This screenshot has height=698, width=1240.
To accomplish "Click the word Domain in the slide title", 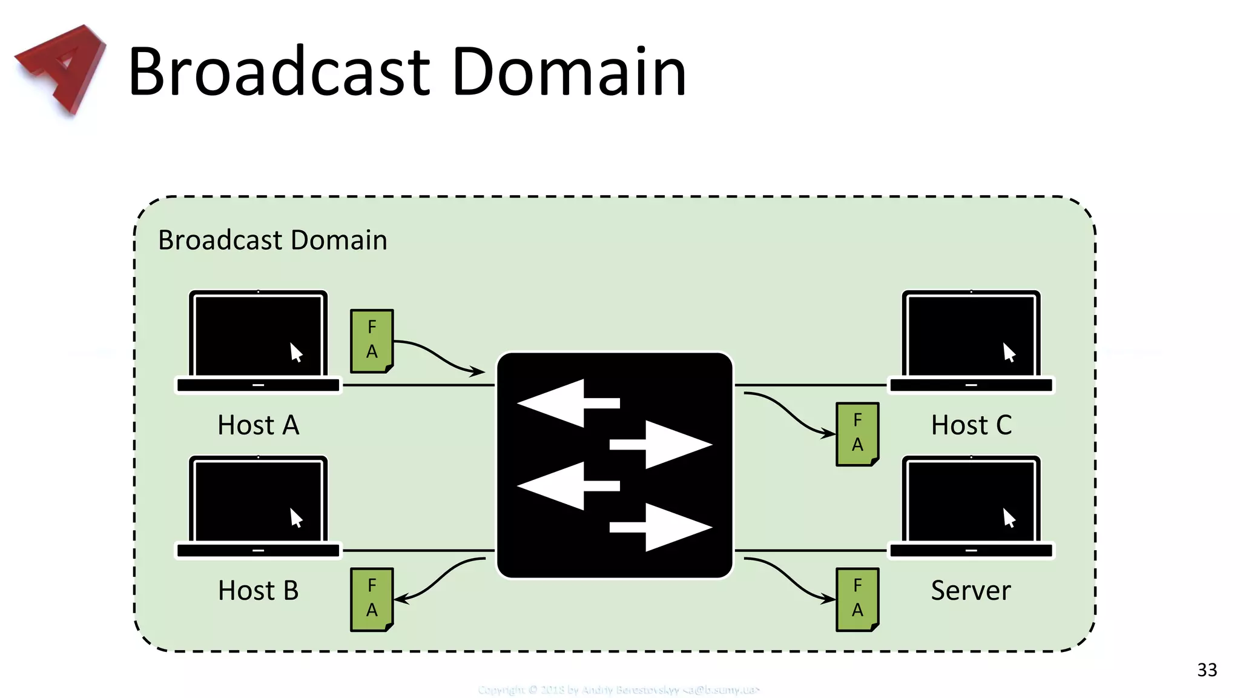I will coord(569,72).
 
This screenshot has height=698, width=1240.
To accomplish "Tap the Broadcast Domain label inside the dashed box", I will coord(272,240).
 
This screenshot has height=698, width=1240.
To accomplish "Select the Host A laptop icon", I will coord(259,342).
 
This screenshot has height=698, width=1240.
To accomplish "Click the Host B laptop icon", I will coord(259,507).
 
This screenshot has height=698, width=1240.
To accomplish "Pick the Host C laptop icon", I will coord(971,342).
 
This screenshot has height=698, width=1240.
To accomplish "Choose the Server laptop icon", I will coord(971,507).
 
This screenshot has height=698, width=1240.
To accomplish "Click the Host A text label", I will coord(259,425).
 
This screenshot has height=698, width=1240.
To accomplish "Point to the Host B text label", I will coord(259,590).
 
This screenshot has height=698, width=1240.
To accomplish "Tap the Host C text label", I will coord(971,425).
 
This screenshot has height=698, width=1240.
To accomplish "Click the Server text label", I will coord(971,590).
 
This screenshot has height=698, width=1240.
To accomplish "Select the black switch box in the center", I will coord(615,465).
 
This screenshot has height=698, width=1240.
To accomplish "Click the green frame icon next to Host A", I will coord(372,341).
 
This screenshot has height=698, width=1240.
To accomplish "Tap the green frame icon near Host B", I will coord(372,599).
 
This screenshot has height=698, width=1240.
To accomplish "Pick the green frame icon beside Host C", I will coord(857,434).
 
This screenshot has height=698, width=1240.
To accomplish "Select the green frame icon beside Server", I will coord(857,599).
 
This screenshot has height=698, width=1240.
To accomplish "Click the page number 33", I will coord(1207,670).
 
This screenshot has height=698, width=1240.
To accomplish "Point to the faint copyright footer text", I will coord(618,690).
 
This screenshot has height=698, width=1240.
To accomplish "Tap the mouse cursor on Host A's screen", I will coord(295,352).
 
